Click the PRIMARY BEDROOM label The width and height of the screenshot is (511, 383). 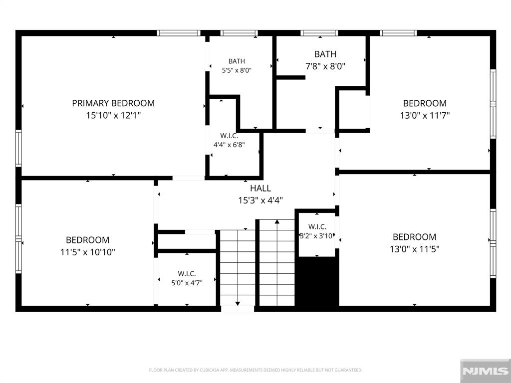click(113, 103)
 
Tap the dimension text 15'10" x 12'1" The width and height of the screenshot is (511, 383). click(113, 115)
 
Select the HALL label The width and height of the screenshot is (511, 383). click(260, 188)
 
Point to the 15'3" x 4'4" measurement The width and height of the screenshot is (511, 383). click(260, 200)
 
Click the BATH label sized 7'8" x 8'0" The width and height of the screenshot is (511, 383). click(325, 54)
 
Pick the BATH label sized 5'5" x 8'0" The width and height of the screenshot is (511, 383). click(237, 61)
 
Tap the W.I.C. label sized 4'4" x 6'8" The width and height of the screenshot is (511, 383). click(229, 136)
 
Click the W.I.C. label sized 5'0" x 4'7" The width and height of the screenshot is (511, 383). click(187, 274)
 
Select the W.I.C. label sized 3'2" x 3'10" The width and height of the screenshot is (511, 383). click(317, 227)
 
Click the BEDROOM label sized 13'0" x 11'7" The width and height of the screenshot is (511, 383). click(425, 103)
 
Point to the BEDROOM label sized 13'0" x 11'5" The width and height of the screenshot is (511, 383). click(414, 237)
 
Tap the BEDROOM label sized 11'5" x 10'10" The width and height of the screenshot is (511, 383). click(87, 240)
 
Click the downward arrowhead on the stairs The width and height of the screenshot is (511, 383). click(238, 304)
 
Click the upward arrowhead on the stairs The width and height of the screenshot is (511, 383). click(277, 222)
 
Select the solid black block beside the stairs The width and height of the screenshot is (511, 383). click(317, 281)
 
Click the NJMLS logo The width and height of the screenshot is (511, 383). click(485, 371)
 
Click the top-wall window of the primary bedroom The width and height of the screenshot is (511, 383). click(178, 33)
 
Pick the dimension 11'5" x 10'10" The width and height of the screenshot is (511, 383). click(87, 252)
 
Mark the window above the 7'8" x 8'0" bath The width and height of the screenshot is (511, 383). click(319, 33)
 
